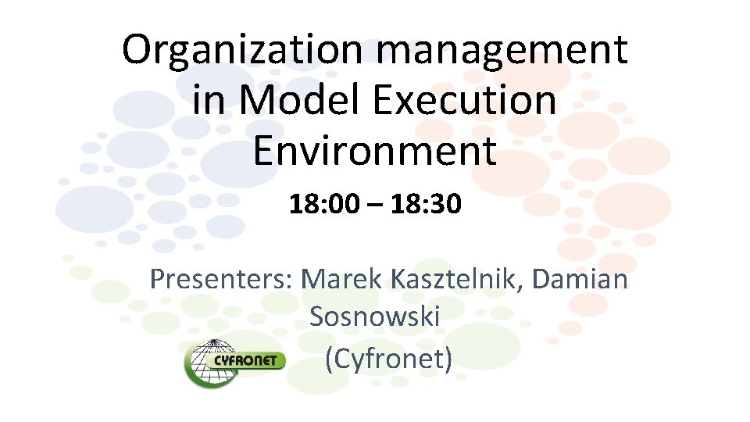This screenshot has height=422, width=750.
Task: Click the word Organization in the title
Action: (246, 50)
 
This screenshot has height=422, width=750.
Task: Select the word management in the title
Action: (503, 50)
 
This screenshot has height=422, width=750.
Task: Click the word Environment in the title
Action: (374, 151)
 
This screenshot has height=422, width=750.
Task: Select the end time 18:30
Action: (426, 206)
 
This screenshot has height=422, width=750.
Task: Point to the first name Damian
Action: (583, 279)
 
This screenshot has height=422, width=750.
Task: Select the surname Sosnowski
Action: (374, 317)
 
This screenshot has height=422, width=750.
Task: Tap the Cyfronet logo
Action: (235, 362)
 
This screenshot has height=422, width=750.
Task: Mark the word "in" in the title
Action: (206, 101)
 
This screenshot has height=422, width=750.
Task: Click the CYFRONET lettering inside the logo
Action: (249, 362)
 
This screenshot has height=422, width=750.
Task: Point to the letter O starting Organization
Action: (137, 50)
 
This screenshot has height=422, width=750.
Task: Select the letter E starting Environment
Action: (264, 151)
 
